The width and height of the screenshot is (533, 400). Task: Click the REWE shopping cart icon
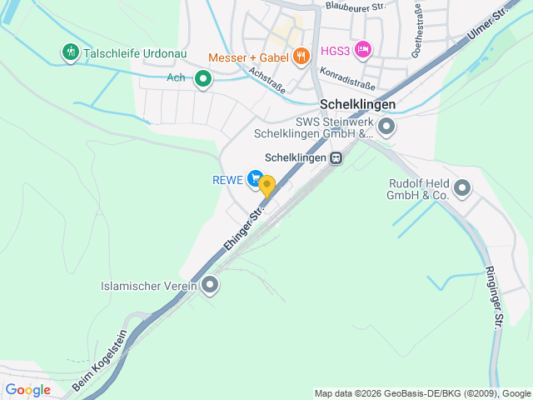pyautogui.click(x=256, y=178)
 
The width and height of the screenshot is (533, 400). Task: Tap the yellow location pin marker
pyautogui.click(x=266, y=185)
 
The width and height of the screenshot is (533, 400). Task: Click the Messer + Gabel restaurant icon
pyautogui.click(x=301, y=56)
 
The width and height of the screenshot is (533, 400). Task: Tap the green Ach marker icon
pyautogui.click(x=202, y=79)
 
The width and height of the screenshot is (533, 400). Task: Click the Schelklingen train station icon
pyautogui.click(x=336, y=157)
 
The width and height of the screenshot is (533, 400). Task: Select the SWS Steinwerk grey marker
pyautogui.click(x=386, y=127)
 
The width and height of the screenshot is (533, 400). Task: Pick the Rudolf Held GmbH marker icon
pyautogui.click(x=461, y=188)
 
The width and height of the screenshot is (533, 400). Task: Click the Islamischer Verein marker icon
pyautogui.click(x=211, y=286)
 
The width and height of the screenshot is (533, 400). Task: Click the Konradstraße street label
pyautogui.click(x=346, y=78)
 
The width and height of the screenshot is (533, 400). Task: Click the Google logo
pyautogui.click(x=27, y=389)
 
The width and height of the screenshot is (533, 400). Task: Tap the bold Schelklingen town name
pyautogui.click(x=356, y=106)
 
